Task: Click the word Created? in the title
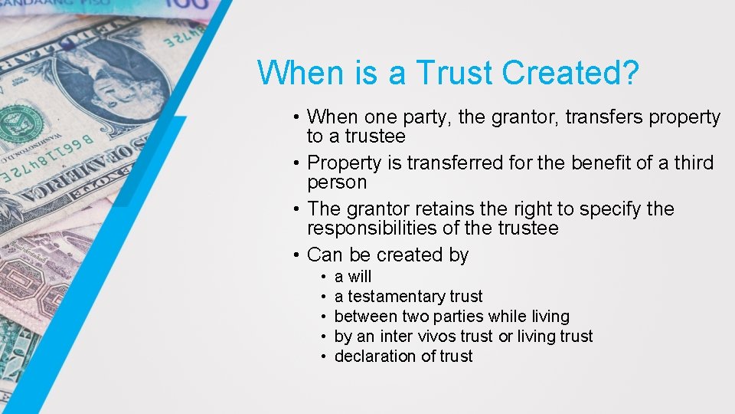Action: [x=570, y=73]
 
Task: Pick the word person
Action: [x=337, y=182]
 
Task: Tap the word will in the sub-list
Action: [x=359, y=277]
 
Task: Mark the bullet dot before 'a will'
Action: [x=325, y=277]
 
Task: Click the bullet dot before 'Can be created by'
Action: [x=296, y=255]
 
